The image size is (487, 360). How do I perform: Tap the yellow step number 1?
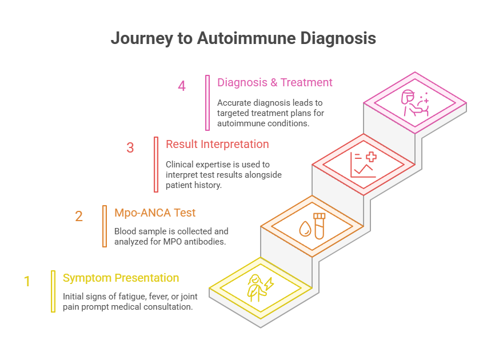tap(27, 281)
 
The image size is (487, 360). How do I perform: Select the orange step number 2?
tap(79, 217)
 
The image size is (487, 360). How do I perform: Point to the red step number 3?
tap(130, 148)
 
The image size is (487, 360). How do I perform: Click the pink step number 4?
tap(182, 86)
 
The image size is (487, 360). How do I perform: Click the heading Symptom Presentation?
tap(121, 278)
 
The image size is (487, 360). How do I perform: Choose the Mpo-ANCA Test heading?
tap(155, 213)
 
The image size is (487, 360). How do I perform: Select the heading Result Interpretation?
tap(217, 144)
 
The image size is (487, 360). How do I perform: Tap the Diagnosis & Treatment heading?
tap(274, 82)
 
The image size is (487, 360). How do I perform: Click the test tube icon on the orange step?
tap(319, 226)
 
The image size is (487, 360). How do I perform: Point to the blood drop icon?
tap(304, 229)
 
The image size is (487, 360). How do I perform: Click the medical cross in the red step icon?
tap(371, 157)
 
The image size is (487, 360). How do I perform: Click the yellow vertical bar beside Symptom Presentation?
tap(53, 291)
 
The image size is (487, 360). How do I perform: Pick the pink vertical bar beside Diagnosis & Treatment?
tap(207, 103)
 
